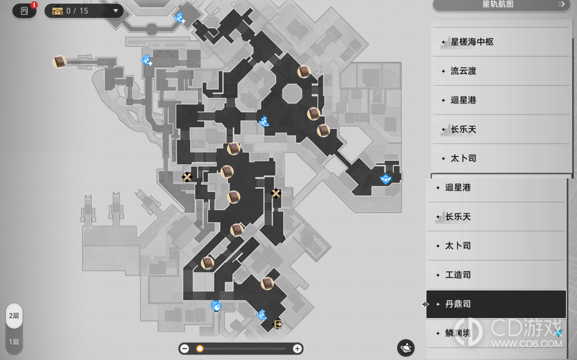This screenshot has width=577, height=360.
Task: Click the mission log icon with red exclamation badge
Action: tap(25, 10)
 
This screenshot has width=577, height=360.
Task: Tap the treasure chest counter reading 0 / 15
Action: tap(70, 11)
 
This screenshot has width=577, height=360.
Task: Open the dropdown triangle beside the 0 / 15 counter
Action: tap(116, 11)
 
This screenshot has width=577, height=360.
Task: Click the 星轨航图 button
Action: tap(501, 4)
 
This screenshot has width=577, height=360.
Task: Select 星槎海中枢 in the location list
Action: tap(472, 42)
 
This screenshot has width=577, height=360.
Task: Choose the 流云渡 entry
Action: tap(463, 71)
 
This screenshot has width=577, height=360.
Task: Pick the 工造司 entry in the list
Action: tap(458, 275)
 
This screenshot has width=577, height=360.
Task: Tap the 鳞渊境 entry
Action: tap(458, 333)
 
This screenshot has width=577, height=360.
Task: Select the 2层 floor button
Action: tap(14, 316)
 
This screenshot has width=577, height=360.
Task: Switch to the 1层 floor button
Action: tap(14, 342)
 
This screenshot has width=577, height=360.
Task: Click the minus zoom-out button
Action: tap(185, 349)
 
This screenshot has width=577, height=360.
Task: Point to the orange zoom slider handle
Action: tap(200, 349)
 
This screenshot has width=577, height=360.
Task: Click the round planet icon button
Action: tap(406, 348)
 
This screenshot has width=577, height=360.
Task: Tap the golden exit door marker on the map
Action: tap(278, 324)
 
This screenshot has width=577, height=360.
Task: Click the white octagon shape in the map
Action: tap(292, 94)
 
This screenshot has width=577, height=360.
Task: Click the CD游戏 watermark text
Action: tap(526, 328)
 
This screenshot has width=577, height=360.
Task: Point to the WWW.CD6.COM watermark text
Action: tap(527, 344)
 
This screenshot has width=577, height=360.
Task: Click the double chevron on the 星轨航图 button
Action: tap(561, 4)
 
